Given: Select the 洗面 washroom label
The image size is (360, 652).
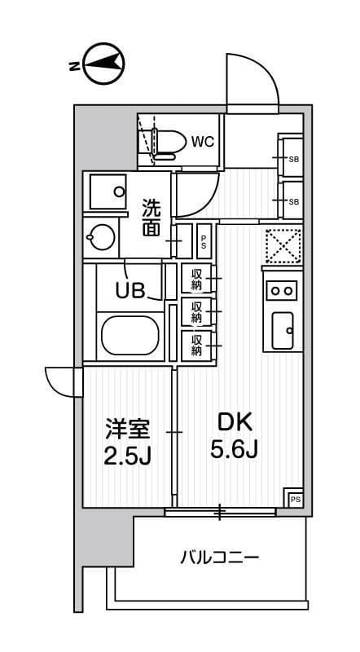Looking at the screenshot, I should (x=151, y=218).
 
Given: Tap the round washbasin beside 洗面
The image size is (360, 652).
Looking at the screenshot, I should (x=102, y=240).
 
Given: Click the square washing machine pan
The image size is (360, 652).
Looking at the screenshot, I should (x=106, y=193).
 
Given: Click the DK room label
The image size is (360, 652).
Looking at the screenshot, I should (x=235, y=421).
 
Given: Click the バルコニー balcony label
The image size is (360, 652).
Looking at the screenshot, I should (x=218, y=558).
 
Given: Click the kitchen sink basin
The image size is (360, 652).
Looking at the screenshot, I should (x=283, y=330).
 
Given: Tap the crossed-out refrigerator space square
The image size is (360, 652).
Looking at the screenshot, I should (x=283, y=245).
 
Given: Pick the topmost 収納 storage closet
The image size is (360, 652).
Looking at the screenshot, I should (x=196, y=280).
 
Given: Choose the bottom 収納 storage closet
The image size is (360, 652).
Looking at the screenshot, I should (x=196, y=345).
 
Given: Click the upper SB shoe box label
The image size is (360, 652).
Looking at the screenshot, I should (x=293, y=159).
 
